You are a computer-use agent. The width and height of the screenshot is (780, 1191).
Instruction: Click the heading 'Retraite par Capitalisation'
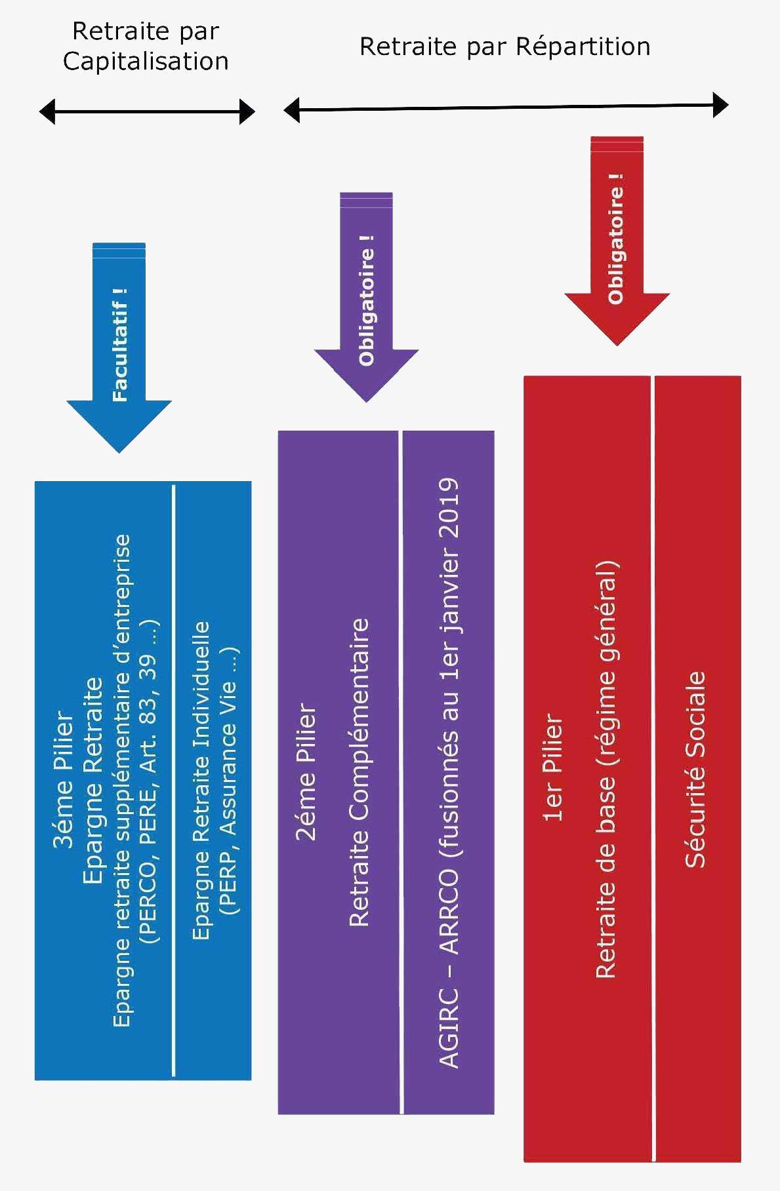146,46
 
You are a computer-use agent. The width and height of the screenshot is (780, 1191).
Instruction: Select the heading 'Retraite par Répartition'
505,47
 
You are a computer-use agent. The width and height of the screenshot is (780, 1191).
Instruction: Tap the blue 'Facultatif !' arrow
119,347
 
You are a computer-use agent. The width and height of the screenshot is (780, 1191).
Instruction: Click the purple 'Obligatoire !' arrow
366,297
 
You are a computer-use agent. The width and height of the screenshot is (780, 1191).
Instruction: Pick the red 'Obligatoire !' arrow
617,241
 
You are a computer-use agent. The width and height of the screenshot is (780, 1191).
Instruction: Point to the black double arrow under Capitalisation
147,111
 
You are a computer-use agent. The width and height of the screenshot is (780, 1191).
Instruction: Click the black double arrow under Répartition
506,107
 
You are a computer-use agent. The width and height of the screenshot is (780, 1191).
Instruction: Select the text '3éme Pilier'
63,780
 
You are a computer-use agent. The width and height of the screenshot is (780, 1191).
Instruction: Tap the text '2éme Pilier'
306,772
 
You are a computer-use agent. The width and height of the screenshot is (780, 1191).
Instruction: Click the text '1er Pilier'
552,768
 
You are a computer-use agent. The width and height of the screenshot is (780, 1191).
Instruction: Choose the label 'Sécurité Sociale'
695,770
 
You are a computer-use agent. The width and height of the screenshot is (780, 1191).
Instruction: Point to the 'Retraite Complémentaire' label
359,772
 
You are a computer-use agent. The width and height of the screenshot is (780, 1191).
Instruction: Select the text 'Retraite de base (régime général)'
607,770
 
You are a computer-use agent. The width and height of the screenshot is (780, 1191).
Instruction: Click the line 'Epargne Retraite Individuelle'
201,781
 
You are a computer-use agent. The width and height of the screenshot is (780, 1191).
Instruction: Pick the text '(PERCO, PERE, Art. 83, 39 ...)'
149,781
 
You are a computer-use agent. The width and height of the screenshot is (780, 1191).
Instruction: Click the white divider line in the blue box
174,781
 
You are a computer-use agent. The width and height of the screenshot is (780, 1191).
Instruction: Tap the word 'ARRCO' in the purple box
449,912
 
